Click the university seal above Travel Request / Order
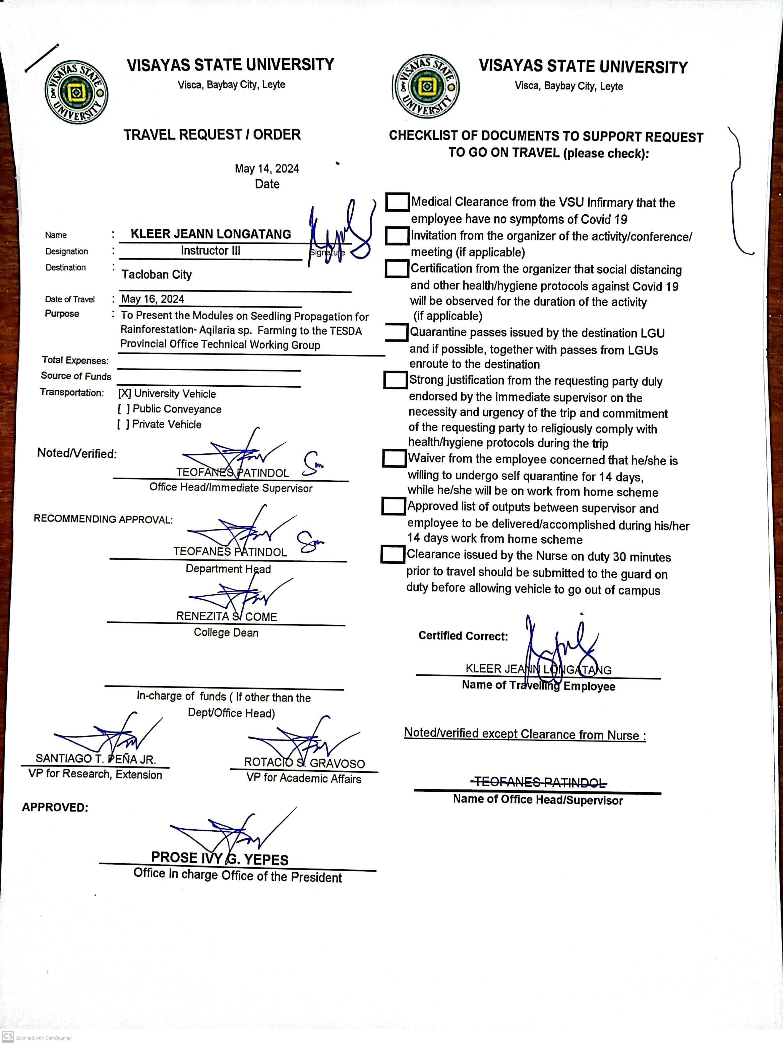pyautogui.click(x=76, y=92)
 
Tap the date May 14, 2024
pyautogui.click(x=267, y=169)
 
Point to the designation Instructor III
pyautogui.click(x=210, y=251)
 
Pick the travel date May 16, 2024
pyautogui.click(x=153, y=299)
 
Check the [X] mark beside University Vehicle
pyautogui.click(x=125, y=393)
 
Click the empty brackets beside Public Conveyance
pyautogui.click(x=124, y=409)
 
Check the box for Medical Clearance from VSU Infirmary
pyautogui.click(x=397, y=202)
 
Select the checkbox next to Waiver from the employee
pyautogui.click(x=394, y=458)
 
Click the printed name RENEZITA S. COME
pyautogui.click(x=227, y=616)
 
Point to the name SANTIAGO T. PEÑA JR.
pyautogui.click(x=96, y=759)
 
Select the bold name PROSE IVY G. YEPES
pyautogui.click(x=220, y=859)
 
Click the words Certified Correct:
pyautogui.click(x=463, y=636)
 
